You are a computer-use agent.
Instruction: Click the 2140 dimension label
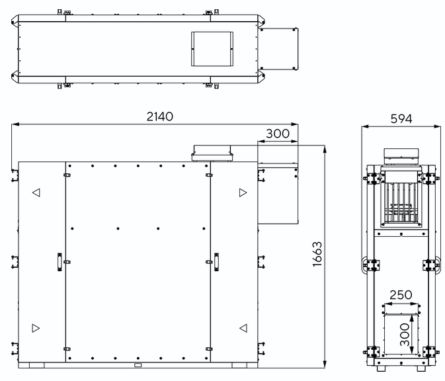[x=160, y=116]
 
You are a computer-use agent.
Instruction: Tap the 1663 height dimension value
[x=317, y=254]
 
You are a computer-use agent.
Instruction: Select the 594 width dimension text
[x=401, y=118]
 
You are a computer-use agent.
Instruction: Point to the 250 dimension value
[x=401, y=295]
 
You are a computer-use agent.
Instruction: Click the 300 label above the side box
[x=278, y=134]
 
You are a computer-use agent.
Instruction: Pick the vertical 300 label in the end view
[x=405, y=335]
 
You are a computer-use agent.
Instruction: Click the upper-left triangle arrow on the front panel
[x=36, y=192]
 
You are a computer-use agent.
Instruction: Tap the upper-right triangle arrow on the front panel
[x=243, y=192]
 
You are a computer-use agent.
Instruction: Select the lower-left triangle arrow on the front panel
[x=36, y=328]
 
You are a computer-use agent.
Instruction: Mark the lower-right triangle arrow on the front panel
[x=243, y=328]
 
